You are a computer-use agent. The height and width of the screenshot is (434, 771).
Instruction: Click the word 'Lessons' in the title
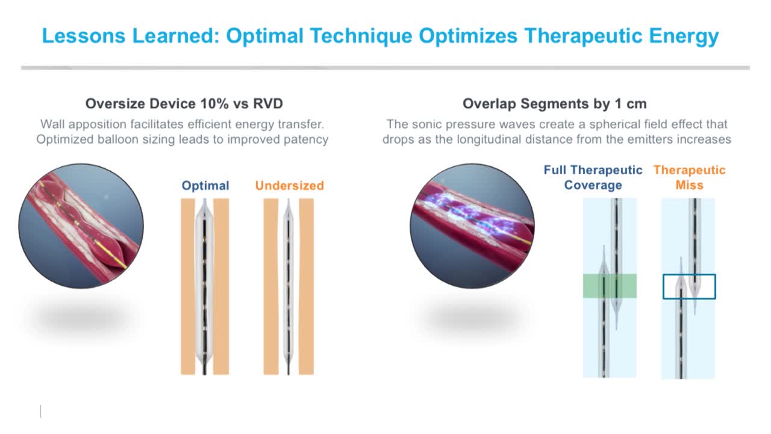84,36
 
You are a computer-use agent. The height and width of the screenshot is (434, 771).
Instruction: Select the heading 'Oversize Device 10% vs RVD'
184,104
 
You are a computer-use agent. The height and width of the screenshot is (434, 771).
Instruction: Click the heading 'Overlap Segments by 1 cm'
555,104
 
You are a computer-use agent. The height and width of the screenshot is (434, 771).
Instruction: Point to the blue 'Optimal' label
205,186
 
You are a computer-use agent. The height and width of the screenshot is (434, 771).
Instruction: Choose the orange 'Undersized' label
290,186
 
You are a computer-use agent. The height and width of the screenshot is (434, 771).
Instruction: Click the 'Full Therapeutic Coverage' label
593,177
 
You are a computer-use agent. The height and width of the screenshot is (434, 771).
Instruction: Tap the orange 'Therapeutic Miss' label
690,177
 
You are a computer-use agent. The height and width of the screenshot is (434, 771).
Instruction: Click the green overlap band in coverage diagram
610,286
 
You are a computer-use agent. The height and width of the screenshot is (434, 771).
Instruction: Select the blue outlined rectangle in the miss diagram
664,286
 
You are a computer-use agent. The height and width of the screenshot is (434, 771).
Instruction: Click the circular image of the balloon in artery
81,226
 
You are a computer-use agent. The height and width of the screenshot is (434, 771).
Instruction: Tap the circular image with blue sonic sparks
472,226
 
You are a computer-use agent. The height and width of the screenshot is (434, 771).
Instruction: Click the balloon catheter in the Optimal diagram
204,286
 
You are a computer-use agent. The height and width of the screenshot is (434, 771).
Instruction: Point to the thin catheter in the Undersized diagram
289,286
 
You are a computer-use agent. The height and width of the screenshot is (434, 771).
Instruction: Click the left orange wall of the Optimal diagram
188,286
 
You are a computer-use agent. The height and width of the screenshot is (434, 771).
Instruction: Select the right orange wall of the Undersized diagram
306,286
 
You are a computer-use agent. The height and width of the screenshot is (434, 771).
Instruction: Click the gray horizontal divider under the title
385,68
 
